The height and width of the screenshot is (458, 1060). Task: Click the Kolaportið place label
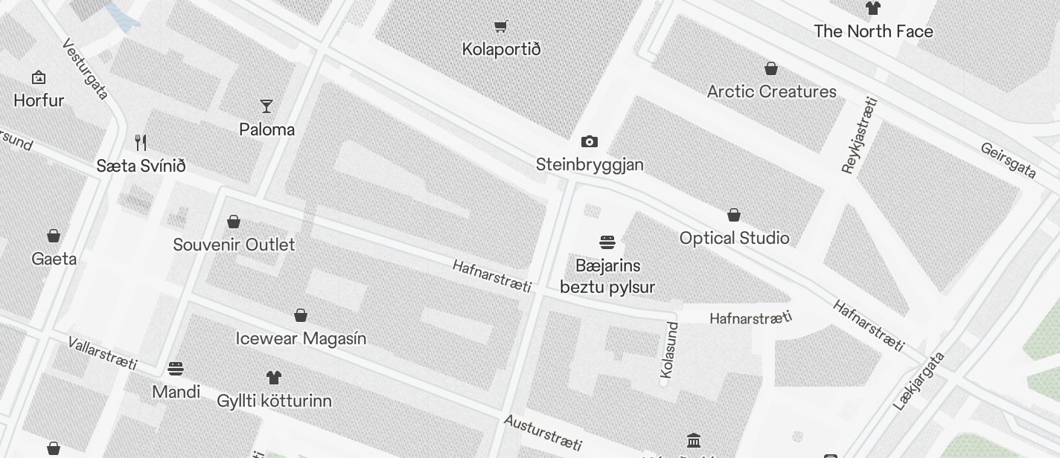(x=501, y=49)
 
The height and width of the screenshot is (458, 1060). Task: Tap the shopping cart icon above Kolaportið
(x=501, y=27)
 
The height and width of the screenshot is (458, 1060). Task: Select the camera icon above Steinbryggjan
(x=589, y=141)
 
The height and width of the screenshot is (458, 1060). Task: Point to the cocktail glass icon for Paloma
(x=266, y=106)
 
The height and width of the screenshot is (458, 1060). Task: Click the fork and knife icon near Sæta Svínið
(x=141, y=142)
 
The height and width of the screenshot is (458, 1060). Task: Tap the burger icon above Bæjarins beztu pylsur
(x=607, y=242)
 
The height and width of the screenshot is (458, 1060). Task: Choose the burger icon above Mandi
(x=176, y=369)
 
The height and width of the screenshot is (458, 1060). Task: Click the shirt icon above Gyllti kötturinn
(x=273, y=378)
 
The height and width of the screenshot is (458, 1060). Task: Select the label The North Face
(x=873, y=31)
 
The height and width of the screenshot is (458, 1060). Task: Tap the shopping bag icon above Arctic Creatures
(x=771, y=68)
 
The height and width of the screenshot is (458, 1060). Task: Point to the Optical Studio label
(x=734, y=238)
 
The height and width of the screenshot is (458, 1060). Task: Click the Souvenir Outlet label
(x=234, y=245)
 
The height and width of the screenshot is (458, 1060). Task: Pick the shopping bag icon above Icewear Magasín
(x=301, y=315)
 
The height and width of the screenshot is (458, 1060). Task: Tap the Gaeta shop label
(x=54, y=259)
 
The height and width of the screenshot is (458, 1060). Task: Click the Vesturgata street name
(x=86, y=68)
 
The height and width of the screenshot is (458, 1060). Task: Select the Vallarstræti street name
(x=103, y=353)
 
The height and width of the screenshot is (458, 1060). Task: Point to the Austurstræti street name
(x=543, y=432)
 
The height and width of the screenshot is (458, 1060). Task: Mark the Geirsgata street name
(x=1008, y=161)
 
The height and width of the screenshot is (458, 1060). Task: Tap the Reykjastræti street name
(x=860, y=135)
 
